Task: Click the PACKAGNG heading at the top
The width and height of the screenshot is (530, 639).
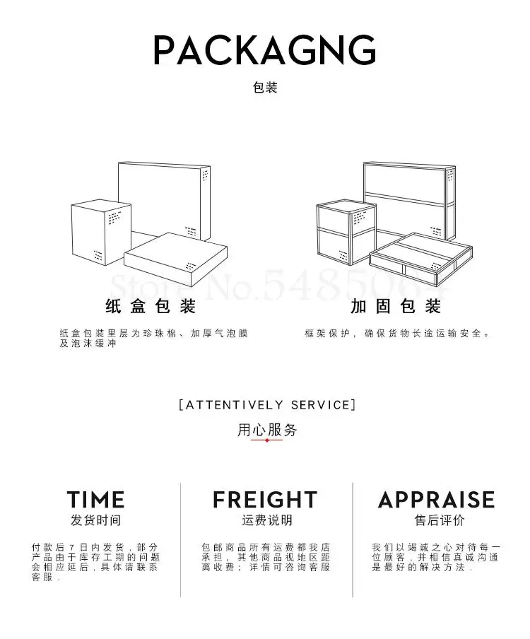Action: click(265, 50)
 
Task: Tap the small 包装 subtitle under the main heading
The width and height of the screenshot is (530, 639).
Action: click(265, 88)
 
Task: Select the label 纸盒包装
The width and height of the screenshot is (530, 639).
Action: click(150, 307)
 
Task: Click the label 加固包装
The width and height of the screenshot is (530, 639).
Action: click(395, 307)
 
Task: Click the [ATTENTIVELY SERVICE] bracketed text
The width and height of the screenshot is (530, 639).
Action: click(266, 405)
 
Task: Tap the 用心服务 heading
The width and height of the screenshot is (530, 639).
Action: click(266, 430)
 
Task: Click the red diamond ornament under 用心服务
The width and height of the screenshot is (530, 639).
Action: click(266, 440)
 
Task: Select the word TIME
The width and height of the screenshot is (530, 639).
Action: click(95, 500)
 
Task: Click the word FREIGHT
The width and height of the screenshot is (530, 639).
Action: click(265, 500)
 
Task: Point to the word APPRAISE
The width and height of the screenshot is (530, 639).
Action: click(436, 500)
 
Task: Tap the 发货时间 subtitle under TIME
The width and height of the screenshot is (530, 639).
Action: click(95, 521)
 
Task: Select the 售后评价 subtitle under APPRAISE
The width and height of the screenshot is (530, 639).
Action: click(439, 521)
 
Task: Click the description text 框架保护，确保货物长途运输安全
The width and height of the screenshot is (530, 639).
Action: click(397, 333)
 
